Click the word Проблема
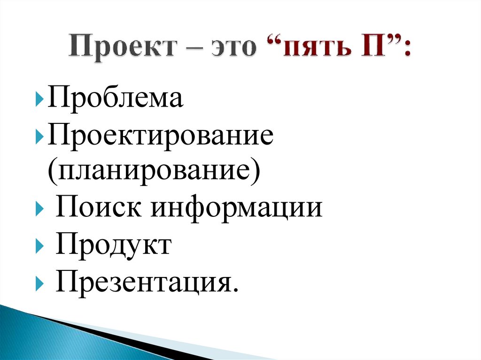pyautogui.click(x=115, y=100)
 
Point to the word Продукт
pyautogui.click(x=113, y=245)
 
